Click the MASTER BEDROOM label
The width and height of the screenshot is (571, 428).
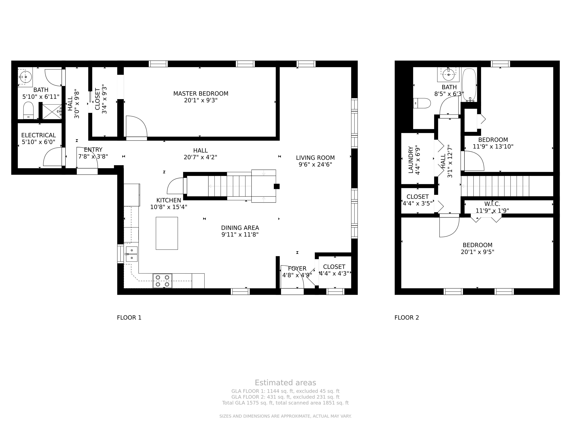pos(201,94)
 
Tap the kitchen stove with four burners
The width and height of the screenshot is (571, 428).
pos(162,281)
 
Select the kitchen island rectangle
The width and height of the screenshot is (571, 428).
pos(167,233)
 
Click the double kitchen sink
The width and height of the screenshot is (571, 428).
pos(132,254)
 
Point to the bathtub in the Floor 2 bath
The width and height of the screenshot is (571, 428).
pos(469,85)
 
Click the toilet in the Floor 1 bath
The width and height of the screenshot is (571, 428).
pos(28,110)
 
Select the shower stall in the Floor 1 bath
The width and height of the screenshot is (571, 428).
pos(52,112)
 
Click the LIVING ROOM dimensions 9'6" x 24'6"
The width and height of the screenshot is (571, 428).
pos(315,165)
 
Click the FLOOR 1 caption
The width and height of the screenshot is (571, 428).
pos(129,318)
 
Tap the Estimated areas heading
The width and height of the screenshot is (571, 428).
pos(285,383)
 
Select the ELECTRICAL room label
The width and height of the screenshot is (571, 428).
pos(38,135)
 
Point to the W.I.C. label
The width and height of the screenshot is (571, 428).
pos(492,204)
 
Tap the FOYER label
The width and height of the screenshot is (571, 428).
pos(297,269)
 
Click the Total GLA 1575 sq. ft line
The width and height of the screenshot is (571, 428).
pos(285,403)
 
